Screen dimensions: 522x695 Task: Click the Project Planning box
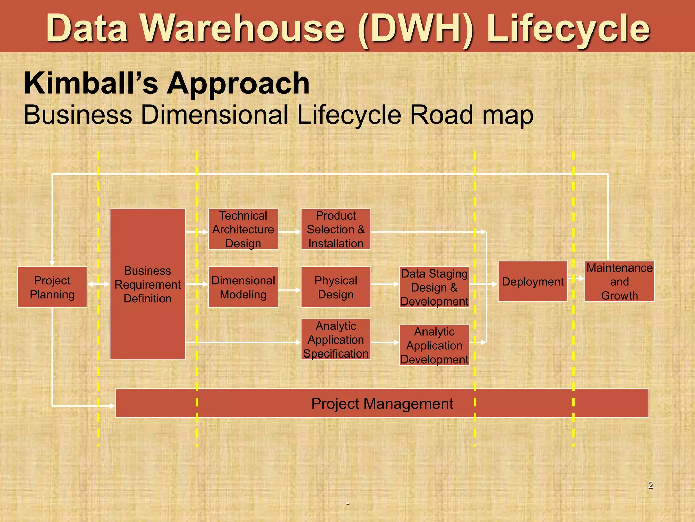coord(52,287)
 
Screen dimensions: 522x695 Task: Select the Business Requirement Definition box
coord(147,284)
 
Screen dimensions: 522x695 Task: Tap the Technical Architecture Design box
coord(243,229)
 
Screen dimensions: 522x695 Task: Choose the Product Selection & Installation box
coord(336,229)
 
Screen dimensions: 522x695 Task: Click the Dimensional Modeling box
coord(243,287)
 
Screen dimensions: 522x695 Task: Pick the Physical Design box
coord(336,287)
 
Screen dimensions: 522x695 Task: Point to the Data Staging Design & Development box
coord(434,287)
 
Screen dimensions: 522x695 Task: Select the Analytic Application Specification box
coord(336,339)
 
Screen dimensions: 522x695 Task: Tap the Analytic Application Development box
coord(434,345)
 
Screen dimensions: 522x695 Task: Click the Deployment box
coord(532,281)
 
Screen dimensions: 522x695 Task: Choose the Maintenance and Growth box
coord(619,281)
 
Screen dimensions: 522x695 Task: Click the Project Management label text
coord(382,404)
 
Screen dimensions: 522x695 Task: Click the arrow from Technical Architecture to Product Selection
coord(289,232)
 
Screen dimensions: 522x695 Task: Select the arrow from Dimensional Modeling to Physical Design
coord(289,290)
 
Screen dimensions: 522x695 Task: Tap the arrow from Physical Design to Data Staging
coord(385,284)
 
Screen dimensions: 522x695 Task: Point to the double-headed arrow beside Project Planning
coord(98,284)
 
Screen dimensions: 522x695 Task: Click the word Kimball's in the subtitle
coord(91,83)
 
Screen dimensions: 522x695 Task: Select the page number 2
coord(650,485)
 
